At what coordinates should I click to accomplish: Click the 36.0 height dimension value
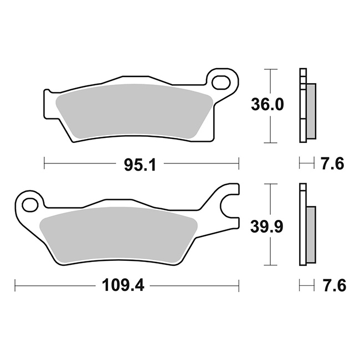268,105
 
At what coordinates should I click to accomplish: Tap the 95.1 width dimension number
140,164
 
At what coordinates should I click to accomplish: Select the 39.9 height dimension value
267,226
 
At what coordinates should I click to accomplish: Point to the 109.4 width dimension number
123,285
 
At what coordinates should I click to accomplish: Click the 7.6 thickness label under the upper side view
333,164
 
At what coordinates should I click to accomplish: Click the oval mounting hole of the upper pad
221,82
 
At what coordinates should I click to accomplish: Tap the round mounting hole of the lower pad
30,204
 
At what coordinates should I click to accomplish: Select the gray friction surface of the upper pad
135,112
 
